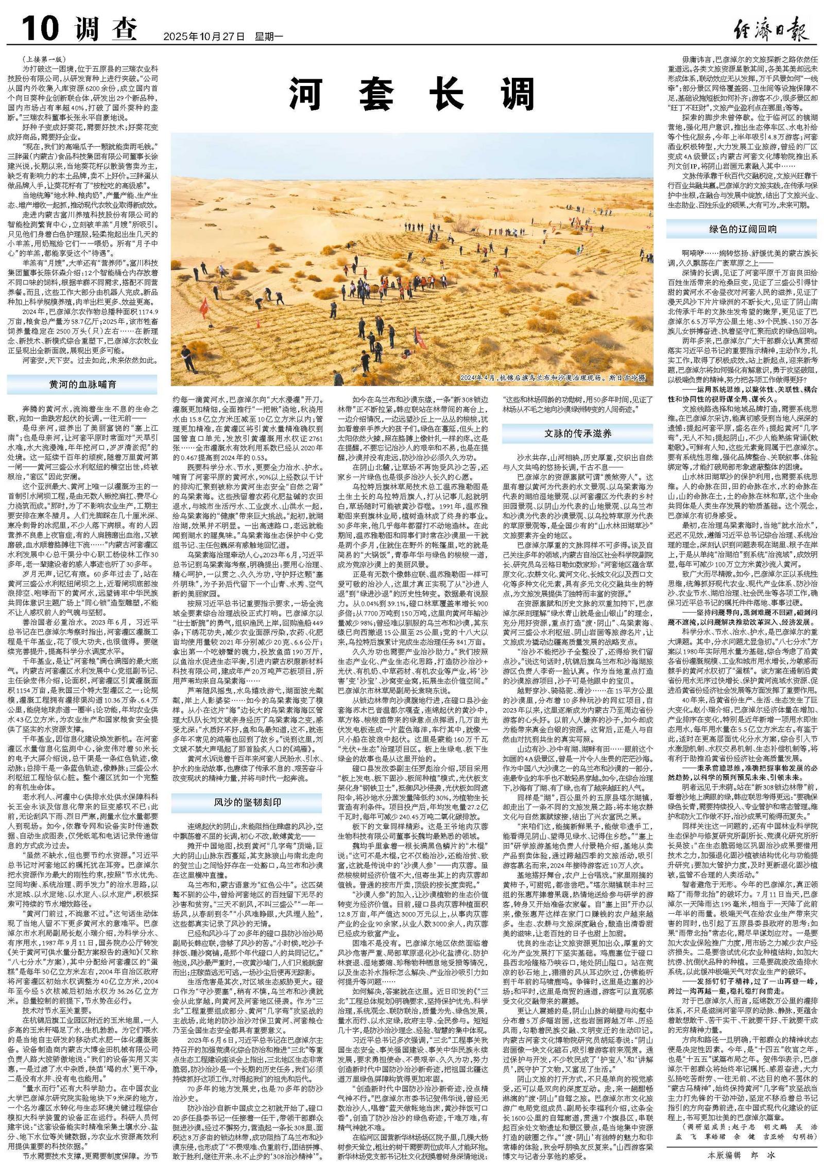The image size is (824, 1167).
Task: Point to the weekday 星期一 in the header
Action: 268,37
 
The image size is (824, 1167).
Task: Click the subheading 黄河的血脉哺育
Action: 82,385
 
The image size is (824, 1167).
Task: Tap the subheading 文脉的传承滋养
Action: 578,433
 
